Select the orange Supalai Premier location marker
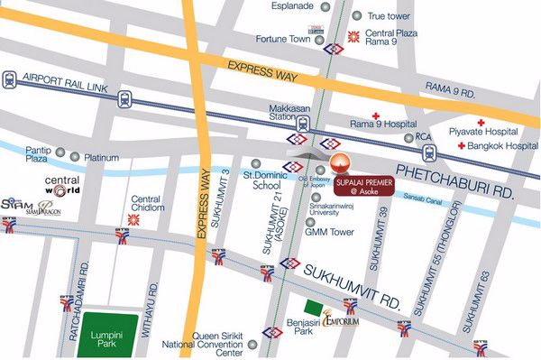tap(339, 164)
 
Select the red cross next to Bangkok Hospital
tap(462, 145)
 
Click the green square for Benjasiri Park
tap(313, 308)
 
